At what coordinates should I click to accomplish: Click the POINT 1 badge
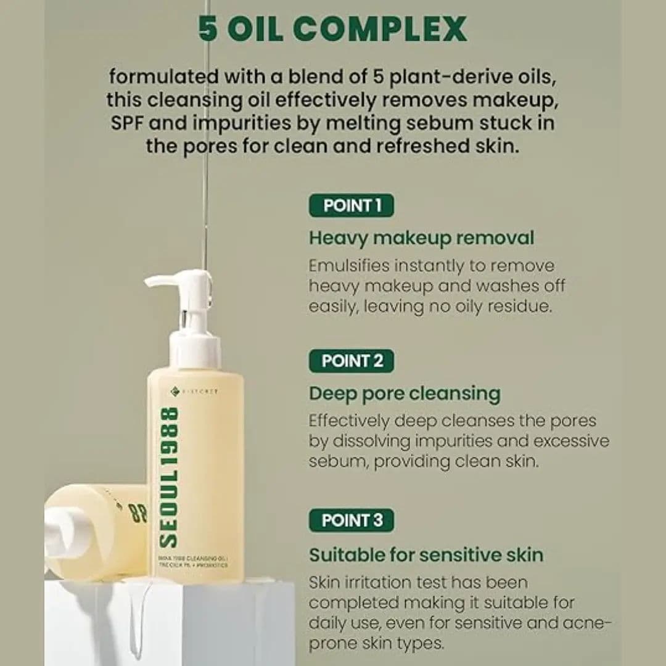pyautogui.click(x=351, y=205)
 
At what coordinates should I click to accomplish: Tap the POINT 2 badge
pyautogui.click(x=351, y=361)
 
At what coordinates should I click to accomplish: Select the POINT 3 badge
pyautogui.click(x=351, y=520)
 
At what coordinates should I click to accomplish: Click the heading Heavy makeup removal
pyautogui.click(x=421, y=237)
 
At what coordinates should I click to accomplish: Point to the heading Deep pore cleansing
pyautogui.click(x=405, y=393)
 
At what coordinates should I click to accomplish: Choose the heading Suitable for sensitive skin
pyautogui.click(x=426, y=554)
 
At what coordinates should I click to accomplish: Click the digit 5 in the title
pyautogui.click(x=208, y=28)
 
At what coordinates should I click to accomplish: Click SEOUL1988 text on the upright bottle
pyautogui.click(x=168, y=476)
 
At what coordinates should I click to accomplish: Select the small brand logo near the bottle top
pyautogui.click(x=175, y=390)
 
